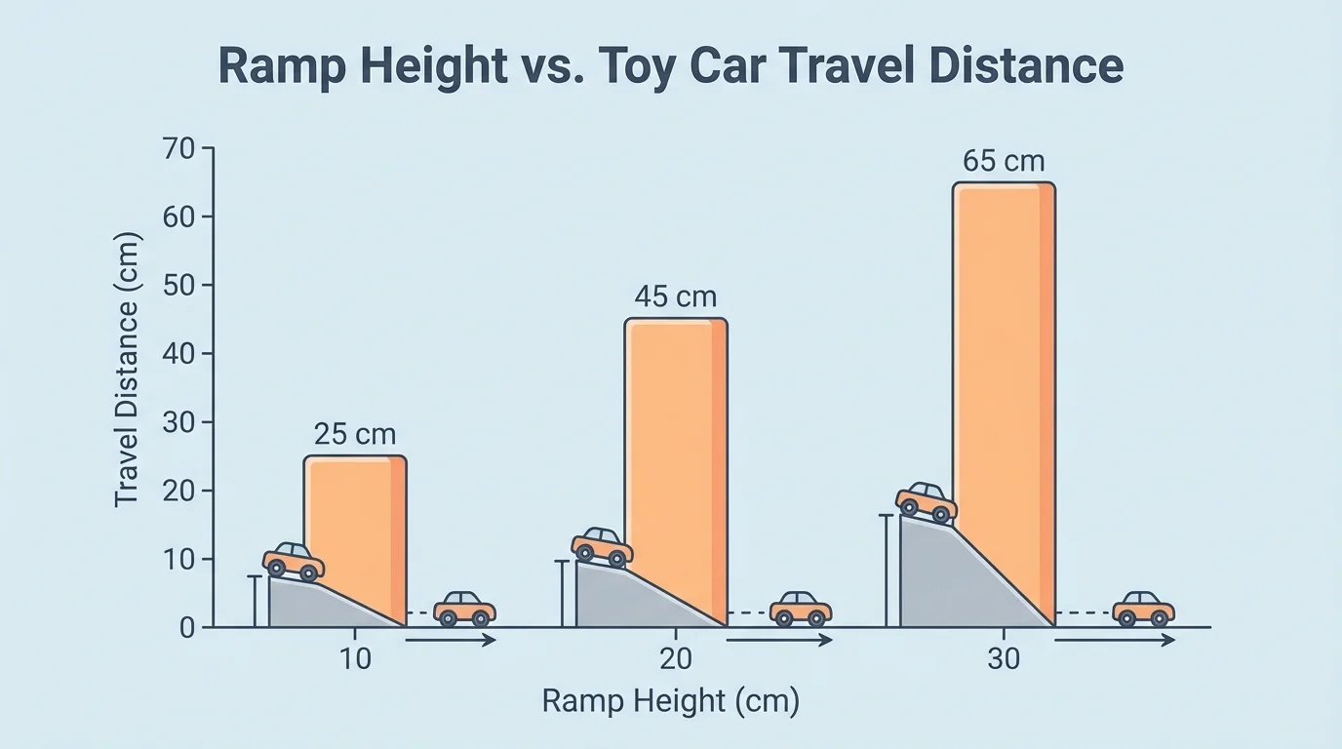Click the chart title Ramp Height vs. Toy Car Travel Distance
(x=670, y=67)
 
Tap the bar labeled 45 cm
(x=676, y=439)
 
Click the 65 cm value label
(x=1004, y=161)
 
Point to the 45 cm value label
(x=676, y=296)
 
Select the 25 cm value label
(x=355, y=435)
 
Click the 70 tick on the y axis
(x=181, y=149)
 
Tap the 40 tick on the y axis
(x=181, y=354)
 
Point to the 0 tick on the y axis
(x=187, y=628)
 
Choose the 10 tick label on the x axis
(x=355, y=659)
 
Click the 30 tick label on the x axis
(x=1004, y=659)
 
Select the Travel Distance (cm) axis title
(x=127, y=369)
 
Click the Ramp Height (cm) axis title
(x=670, y=701)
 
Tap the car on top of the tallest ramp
(x=927, y=502)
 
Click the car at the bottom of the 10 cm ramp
(x=464, y=609)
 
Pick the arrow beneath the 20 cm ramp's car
(x=779, y=641)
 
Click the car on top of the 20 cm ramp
(x=602, y=547)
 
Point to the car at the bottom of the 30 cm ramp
(x=1143, y=609)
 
